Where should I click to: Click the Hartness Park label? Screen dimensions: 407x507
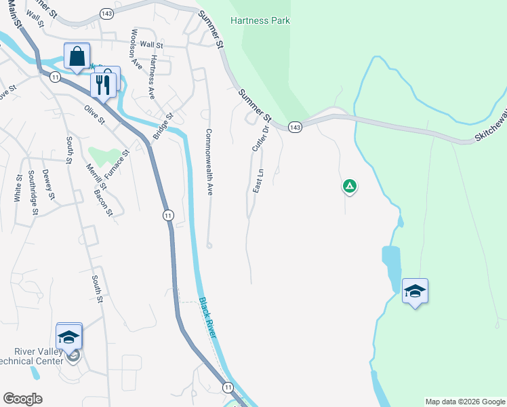pyautogui.click(x=260, y=20)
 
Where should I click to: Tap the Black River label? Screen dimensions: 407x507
pyautogui.click(x=208, y=318)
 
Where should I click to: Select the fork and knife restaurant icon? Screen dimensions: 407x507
pyautogui.click(x=102, y=85)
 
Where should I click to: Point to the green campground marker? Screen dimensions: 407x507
pyautogui.click(x=349, y=186)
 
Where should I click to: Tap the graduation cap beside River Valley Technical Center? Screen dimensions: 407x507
pyautogui.click(x=68, y=336)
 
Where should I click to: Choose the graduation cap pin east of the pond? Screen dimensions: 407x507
pyautogui.click(x=415, y=292)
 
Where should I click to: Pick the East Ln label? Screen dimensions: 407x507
pyautogui.click(x=258, y=181)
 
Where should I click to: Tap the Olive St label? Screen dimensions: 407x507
pyautogui.click(x=95, y=115)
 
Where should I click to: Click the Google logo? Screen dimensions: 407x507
pyautogui.click(x=22, y=399)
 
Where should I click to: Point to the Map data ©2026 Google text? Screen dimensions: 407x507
pyautogui.click(x=465, y=402)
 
